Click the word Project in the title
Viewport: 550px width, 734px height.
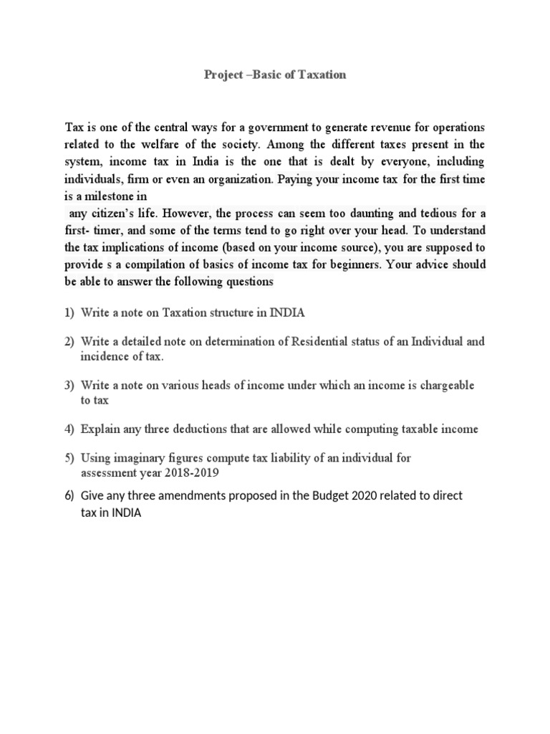click(223, 75)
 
